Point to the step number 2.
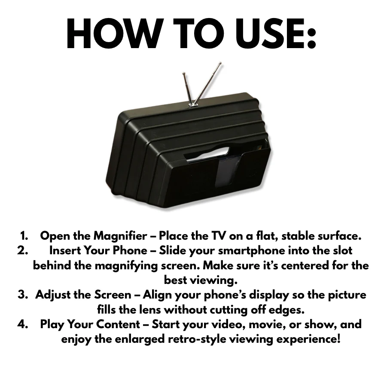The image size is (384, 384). [23, 250]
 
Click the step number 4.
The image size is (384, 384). [23, 324]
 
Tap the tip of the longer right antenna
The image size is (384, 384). [220, 64]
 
